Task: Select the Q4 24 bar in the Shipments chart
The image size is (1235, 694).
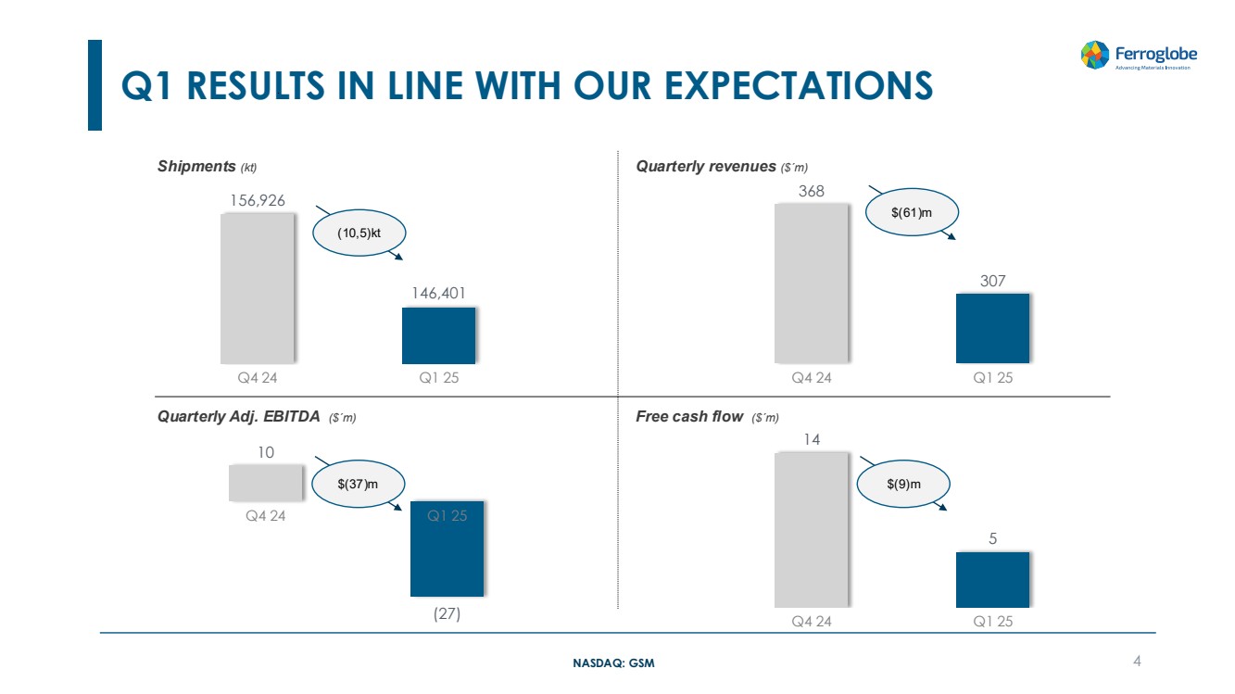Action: click(257, 288)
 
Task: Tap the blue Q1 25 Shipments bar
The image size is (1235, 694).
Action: click(438, 335)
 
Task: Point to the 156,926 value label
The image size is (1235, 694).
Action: click(258, 199)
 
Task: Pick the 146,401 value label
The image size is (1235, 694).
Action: click(438, 293)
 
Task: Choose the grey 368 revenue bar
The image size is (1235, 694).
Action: click(811, 283)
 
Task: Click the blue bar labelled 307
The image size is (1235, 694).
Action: click(992, 328)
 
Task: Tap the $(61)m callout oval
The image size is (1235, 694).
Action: click(912, 213)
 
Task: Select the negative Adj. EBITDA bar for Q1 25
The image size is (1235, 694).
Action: click(447, 549)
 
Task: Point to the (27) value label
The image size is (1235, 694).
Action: click(447, 613)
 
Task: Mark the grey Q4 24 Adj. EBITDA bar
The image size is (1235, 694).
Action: click(266, 482)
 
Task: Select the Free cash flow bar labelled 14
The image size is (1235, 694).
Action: click(811, 529)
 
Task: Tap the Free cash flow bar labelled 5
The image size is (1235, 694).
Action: click(992, 579)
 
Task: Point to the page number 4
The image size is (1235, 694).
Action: click(1137, 661)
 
